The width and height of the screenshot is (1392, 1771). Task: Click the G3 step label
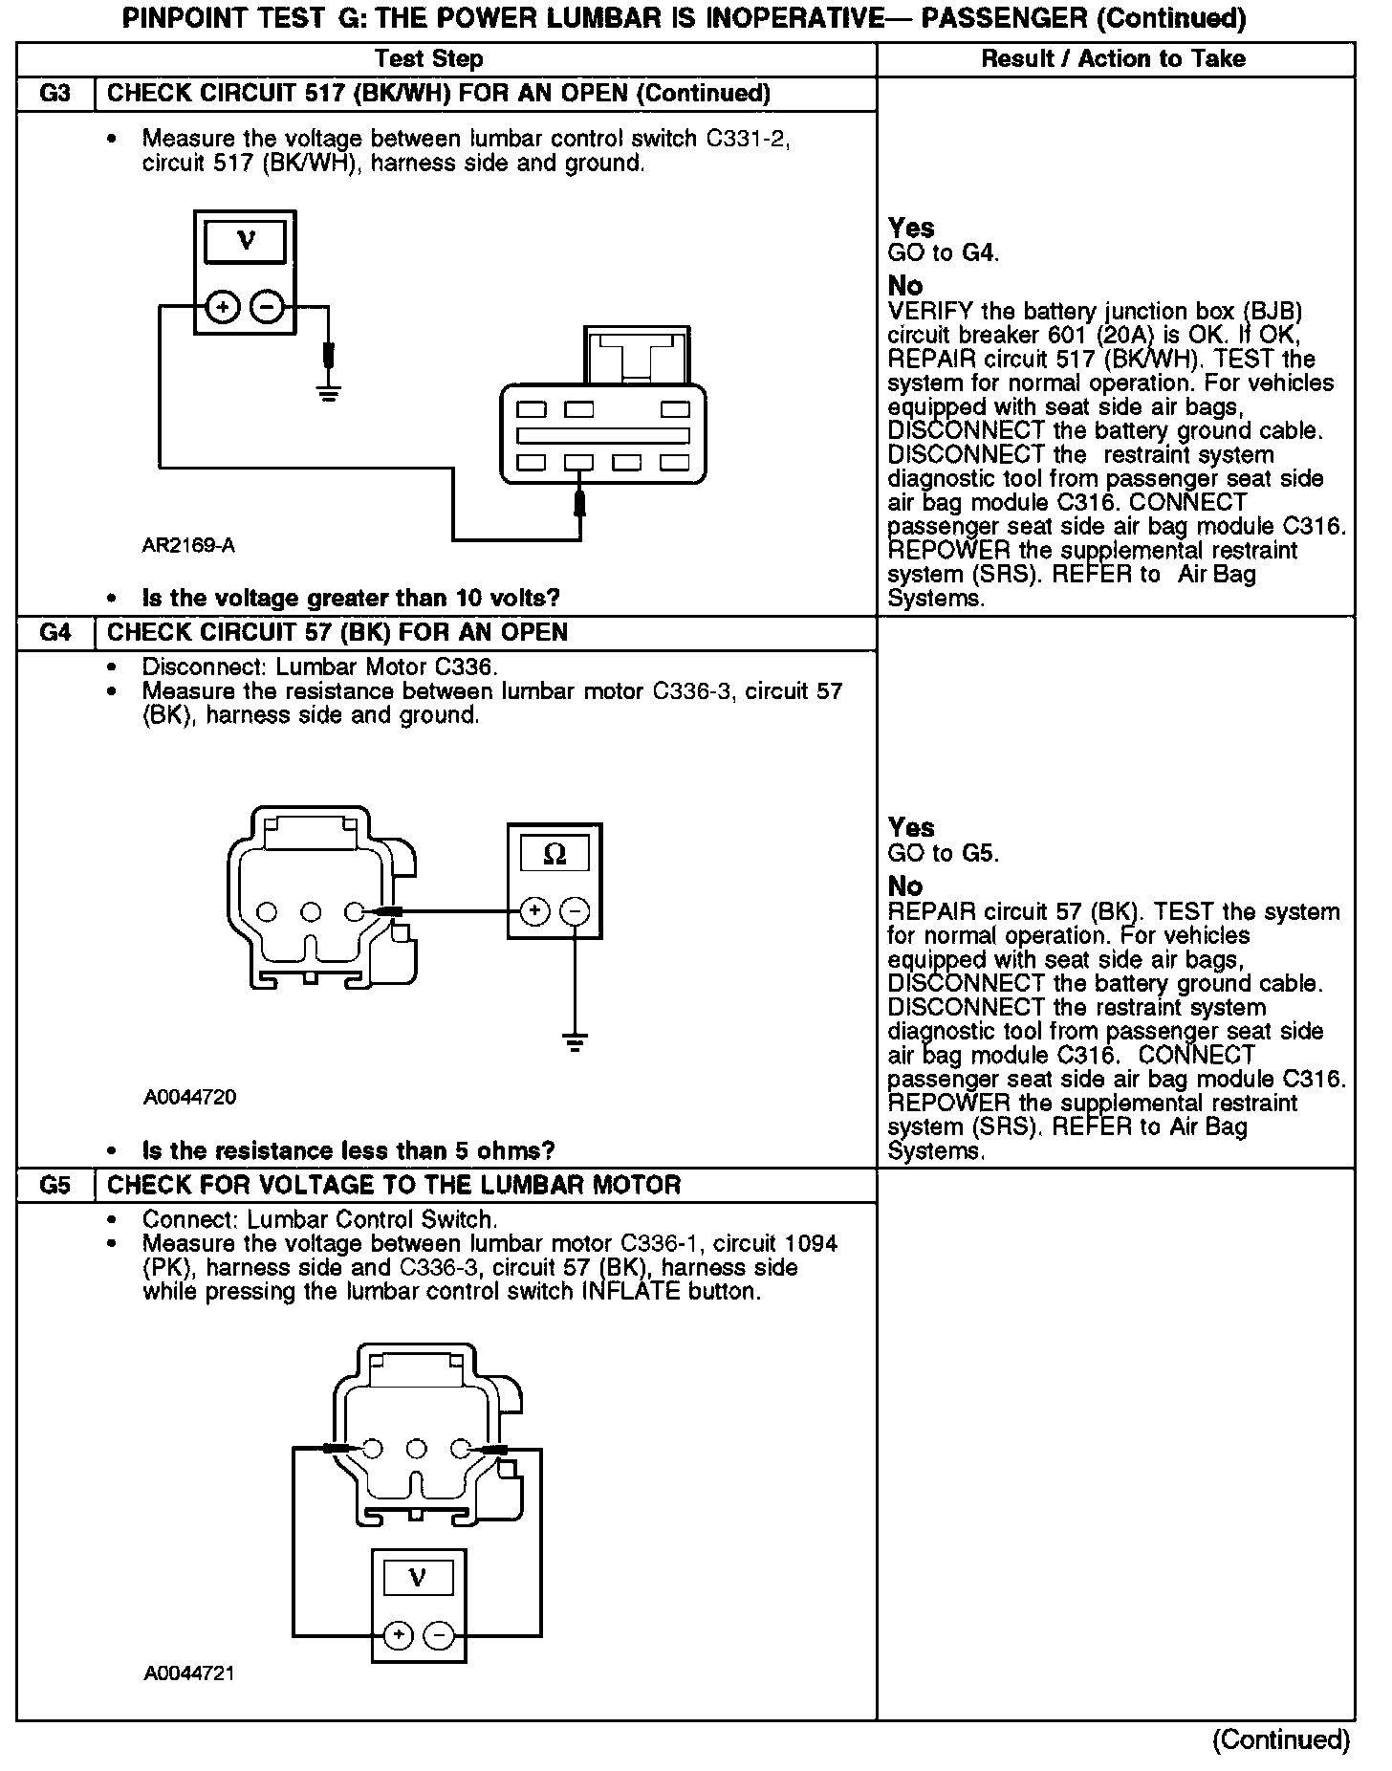tap(55, 94)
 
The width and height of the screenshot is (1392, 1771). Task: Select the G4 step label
tap(55, 633)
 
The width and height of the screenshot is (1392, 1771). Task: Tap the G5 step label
tap(55, 1186)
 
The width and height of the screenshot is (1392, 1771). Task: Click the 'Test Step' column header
tap(428, 59)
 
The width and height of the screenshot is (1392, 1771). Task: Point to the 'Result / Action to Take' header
tap(1114, 59)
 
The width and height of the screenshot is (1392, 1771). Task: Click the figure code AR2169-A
tap(188, 546)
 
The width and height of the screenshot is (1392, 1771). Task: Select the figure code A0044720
tap(189, 1098)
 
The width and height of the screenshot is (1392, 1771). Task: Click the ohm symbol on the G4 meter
tap(555, 855)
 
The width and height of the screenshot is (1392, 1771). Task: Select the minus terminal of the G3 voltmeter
tap(267, 307)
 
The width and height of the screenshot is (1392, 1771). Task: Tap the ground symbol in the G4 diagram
tap(575, 1041)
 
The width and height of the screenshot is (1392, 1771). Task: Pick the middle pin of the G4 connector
tap(312, 912)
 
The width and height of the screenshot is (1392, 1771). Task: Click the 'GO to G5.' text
tap(943, 853)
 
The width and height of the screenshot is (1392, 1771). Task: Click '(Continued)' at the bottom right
tap(1280, 1739)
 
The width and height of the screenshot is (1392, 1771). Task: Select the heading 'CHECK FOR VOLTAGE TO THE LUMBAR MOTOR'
tap(394, 1186)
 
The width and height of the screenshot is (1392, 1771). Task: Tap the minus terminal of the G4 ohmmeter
tap(575, 912)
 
